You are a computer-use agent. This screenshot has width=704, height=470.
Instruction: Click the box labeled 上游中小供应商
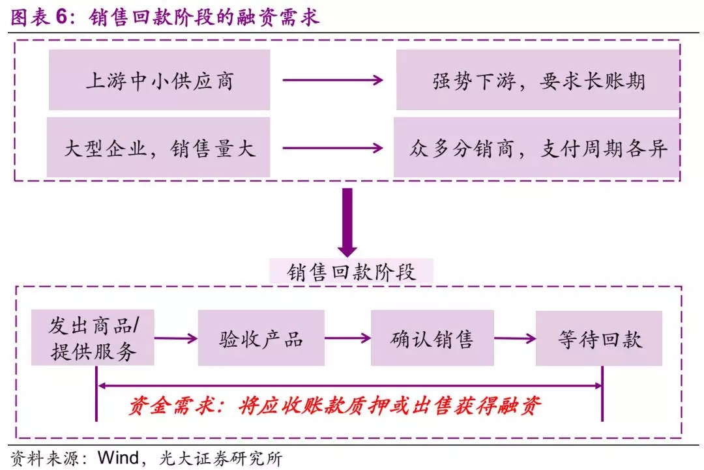(159, 80)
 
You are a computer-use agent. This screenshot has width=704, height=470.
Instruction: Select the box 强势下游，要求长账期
(538, 80)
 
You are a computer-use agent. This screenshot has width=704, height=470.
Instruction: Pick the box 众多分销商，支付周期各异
(538, 148)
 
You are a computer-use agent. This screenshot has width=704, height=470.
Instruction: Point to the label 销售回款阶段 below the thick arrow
(351, 271)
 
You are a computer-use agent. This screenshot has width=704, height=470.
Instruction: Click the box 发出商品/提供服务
(93, 338)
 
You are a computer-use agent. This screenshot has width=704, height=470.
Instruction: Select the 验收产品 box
(261, 338)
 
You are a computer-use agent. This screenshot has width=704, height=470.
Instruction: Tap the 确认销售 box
(432, 338)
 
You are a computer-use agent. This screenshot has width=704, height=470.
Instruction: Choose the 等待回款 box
(599, 338)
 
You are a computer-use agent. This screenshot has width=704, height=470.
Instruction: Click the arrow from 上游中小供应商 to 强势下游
(332, 80)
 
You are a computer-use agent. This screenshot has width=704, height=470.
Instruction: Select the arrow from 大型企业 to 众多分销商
(332, 148)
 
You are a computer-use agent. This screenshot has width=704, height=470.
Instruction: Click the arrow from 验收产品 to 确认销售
(347, 338)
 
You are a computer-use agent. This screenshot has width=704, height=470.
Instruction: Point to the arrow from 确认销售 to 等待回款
(514, 338)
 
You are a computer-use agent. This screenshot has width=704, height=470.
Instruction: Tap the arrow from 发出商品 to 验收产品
(176, 338)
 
